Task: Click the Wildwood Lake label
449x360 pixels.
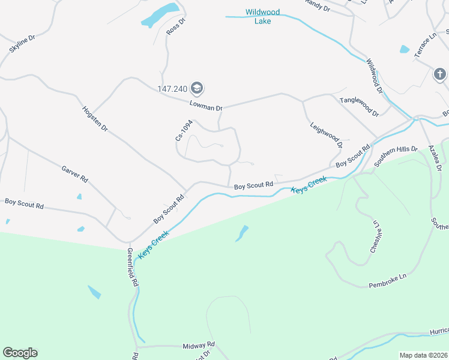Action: pyautogui.click(x=259, y=16)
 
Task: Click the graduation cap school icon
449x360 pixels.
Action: pyautogui.click(x=196, y=89)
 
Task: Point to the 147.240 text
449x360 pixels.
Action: pyautogui.click(x=173, y=89)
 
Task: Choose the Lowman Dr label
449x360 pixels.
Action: pyautogui.click(x=206, y=105)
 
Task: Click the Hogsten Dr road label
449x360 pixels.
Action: pyautogui.click(x=95, y=119)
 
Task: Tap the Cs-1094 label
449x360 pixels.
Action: pyautogui.click(x=184, y=130)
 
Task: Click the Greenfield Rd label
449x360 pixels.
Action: pyautogui.click(x=133, y=266)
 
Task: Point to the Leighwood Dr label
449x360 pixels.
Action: pyautogui.click(x=326, y=134)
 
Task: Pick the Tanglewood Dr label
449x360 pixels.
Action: pyautogui.click(x=359, y=106)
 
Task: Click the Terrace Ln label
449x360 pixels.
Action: pyautogui.click(x=425, y=46)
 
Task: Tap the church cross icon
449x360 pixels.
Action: pyautogui.click(x=439, y=74)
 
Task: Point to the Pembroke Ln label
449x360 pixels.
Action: pyautogui.click(x=388, y=279)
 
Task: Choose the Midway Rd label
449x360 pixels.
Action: pyautogui.click(x=198, y=346)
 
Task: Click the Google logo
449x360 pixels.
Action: pyautogui.click(x=20, y=353)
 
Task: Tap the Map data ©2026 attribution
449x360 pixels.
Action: pyautogui.click(x=423, y=355)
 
